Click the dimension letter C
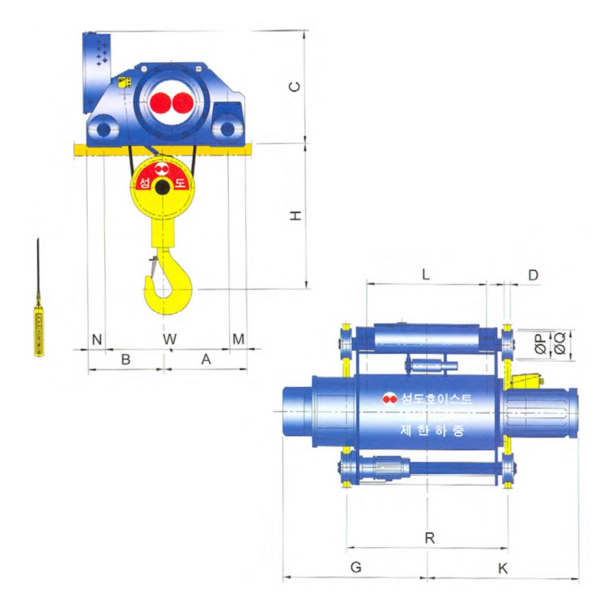click(295, 87)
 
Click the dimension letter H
click(296, 215)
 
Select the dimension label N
click(97, 339)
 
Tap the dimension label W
click(170, 339)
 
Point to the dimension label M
click(239, 339)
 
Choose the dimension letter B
click(126, 359)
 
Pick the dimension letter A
click(206, 359)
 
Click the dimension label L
click(426, 274)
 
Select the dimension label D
click(533, 275)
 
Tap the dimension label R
click(429, 538)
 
